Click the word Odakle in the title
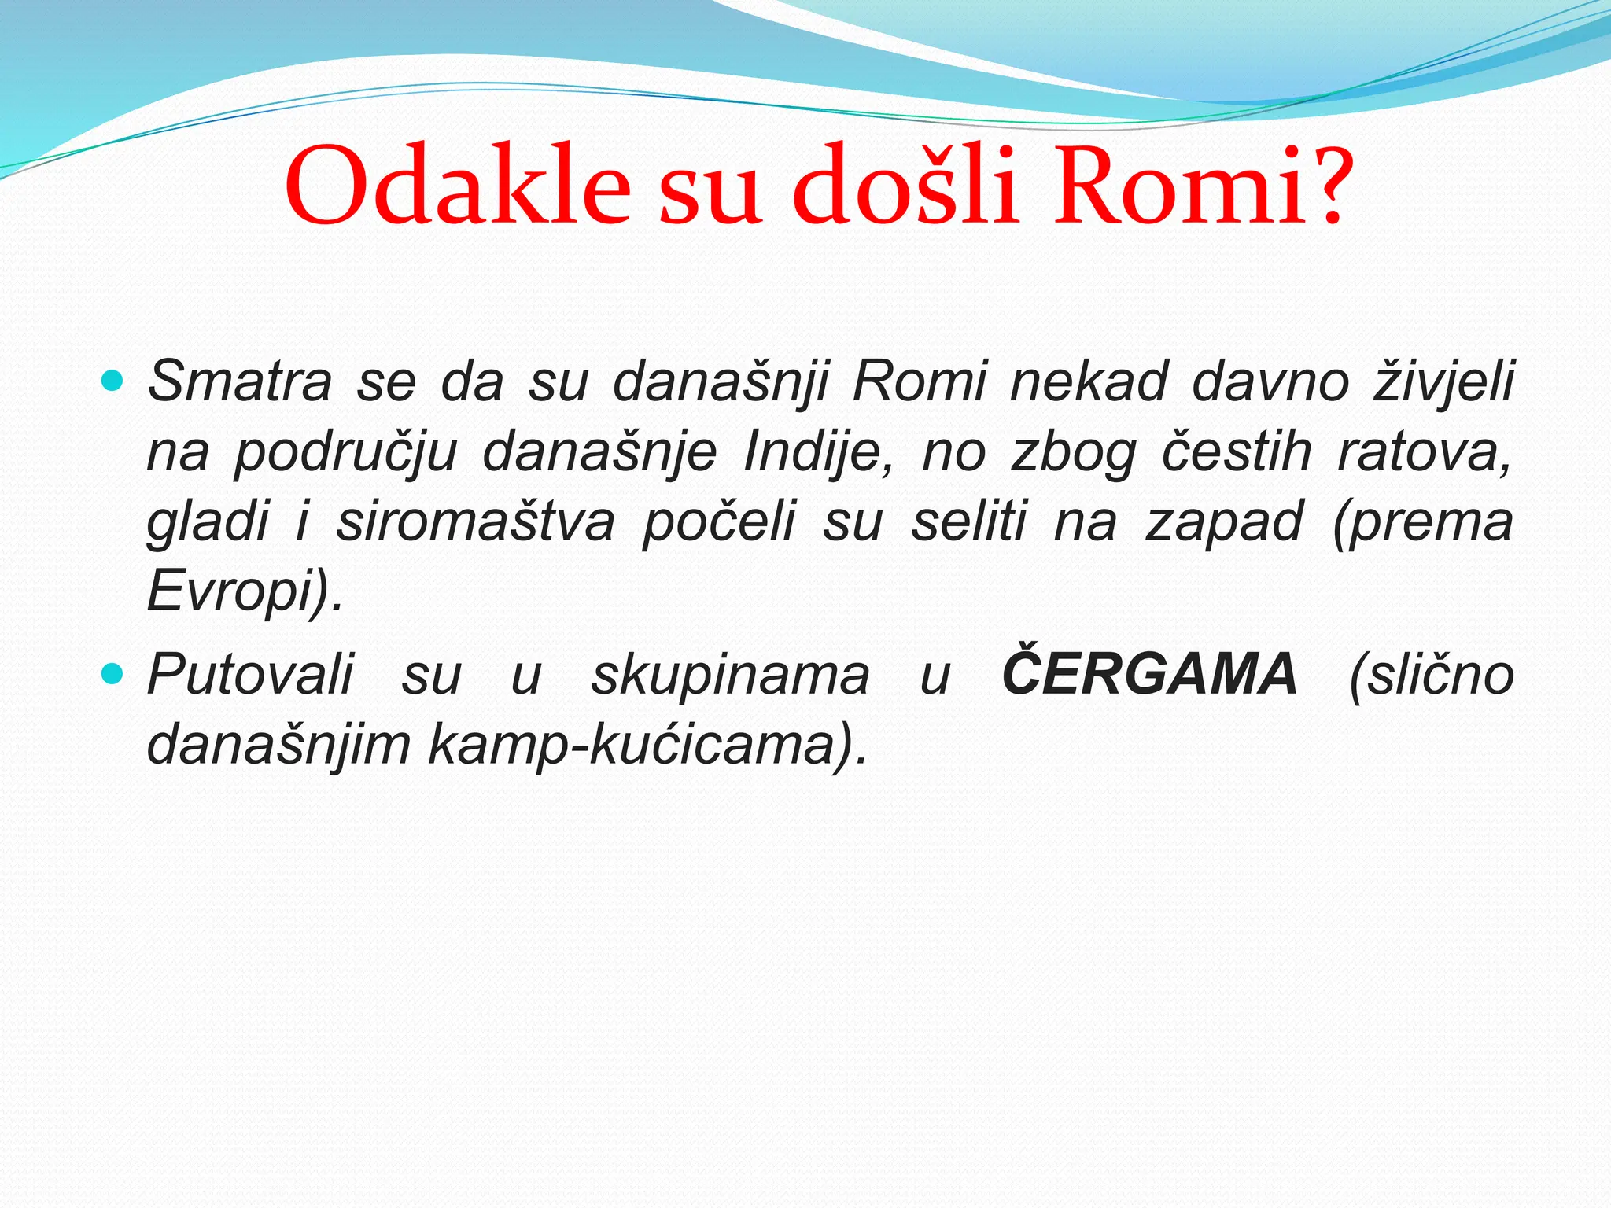pyautogui.click(x=457, y=187)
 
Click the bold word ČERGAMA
pyautogui.click(x=1149, y=675)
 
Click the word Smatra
pyautogui.click(x=240, y=382)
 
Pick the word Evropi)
pyautogui.click(x=245, y=591)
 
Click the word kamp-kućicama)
pyautogui.click(x=648, y=745)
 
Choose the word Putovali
pyautogui.click(x=251, y=675)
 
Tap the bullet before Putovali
pyautogui.click(x=113, y=674)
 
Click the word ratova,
pyautogui.click(x=1425, y=454)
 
